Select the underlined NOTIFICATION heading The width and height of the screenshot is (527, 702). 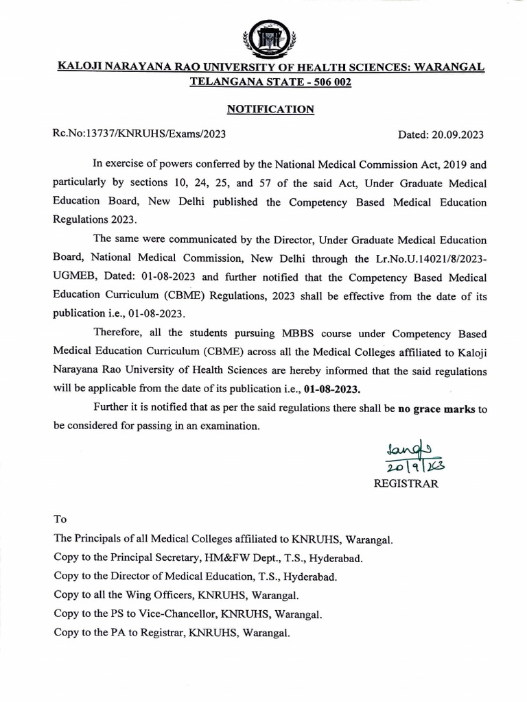[270, 109]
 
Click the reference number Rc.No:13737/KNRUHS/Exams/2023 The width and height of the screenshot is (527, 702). [139, 134]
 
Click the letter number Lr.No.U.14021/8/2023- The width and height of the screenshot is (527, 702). [425, 259]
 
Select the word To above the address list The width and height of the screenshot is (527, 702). [60, 520]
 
